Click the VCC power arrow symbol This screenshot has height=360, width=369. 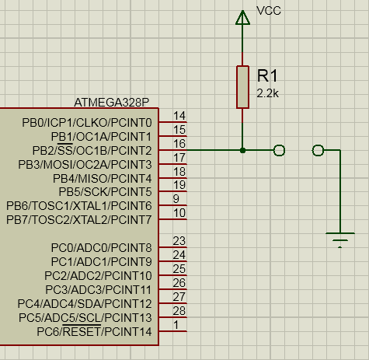(x=242, y=18)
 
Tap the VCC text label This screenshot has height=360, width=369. (x=269, y=11)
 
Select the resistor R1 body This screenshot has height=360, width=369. (x=242, y=87)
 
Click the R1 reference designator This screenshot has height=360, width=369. (x=267, y=76)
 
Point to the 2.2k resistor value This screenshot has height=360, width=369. (x=267, y=93)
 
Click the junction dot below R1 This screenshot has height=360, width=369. (x=242, y=150)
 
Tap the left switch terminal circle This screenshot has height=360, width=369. (x=279, y=150)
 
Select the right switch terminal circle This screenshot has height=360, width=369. (x=318, y=150)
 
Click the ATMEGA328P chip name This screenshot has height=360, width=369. (x=112, y=103)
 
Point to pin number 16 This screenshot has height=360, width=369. (x=179, y=144)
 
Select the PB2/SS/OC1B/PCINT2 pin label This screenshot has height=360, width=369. (x=92, y=150)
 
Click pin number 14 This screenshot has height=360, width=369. (x=179, y=116)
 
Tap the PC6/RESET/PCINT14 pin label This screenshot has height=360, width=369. (x=94, y=331)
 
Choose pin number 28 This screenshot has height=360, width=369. (x=179, y=311)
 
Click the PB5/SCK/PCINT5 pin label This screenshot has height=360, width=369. (x=105, y=192)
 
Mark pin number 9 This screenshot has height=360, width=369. (x=176, y=199)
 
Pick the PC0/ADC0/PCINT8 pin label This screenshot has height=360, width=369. (x=101, y=248)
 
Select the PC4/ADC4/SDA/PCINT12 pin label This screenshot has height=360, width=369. (x=85, y=304)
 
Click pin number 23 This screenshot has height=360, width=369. (x=179, y=241)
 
